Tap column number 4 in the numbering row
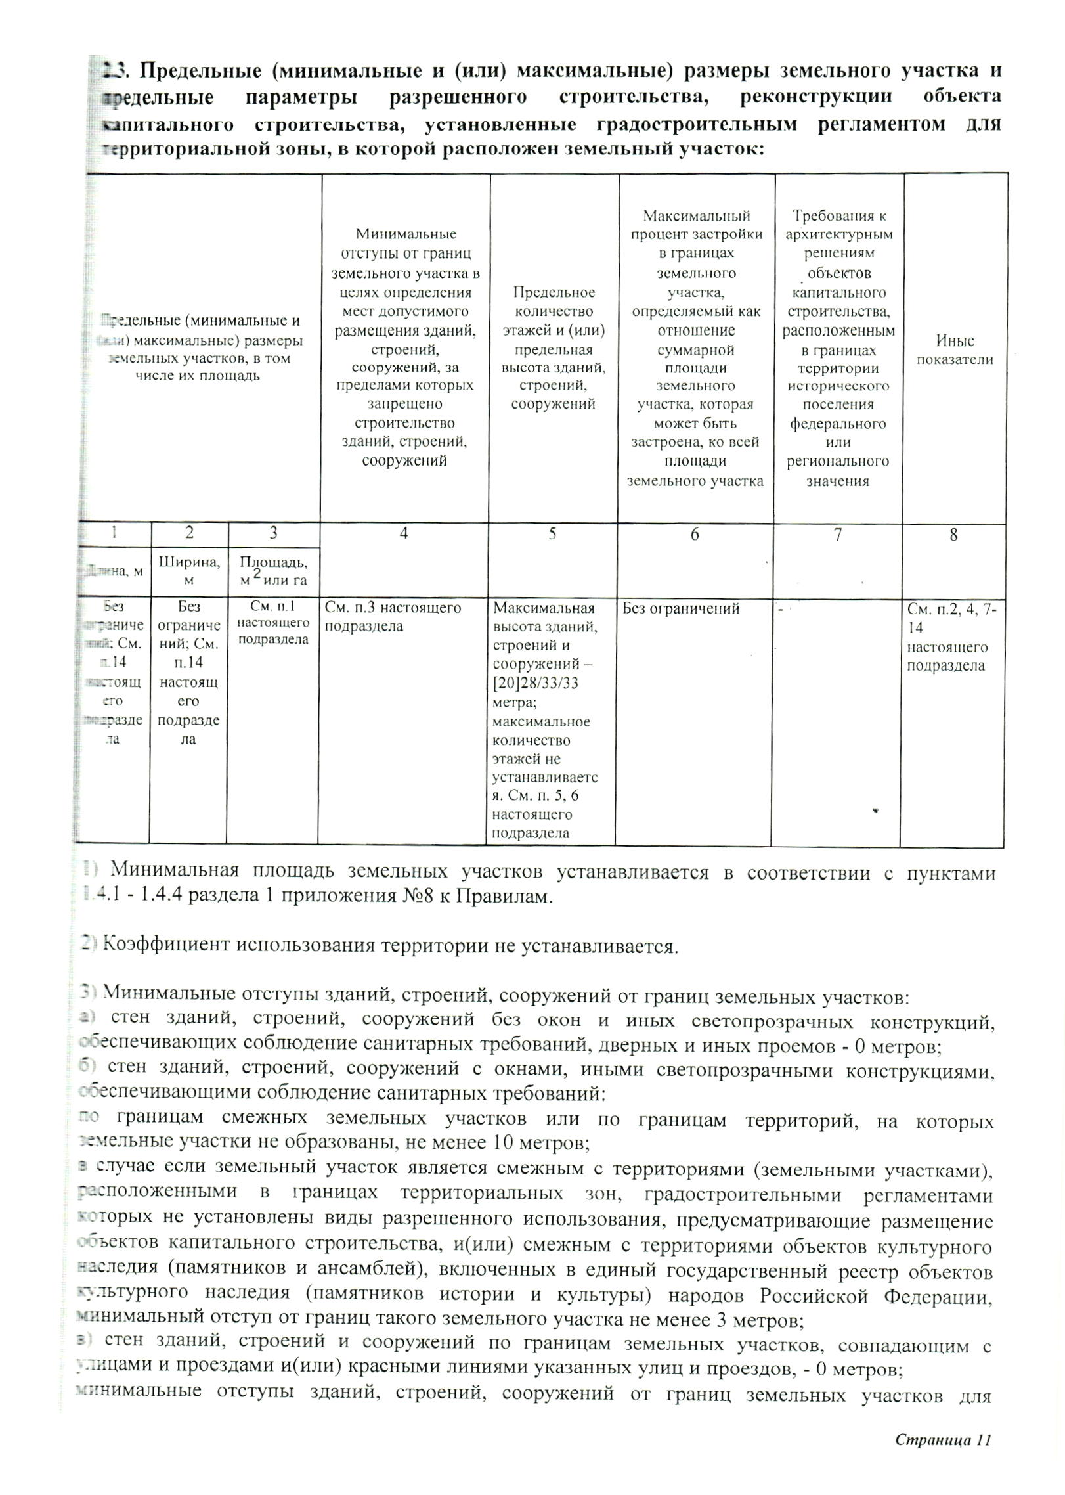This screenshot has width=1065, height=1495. pyautogui.click(x=404, y=534)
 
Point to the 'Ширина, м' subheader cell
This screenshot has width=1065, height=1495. pyautogui.click(x=189, y=570)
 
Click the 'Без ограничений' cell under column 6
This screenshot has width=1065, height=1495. pyautogui.click(x=681, y=609)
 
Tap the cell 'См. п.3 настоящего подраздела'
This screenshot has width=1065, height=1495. pyautogui.click(x=393, y=617)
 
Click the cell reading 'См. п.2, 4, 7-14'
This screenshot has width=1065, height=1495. pyautogui.click(x=951, y=618)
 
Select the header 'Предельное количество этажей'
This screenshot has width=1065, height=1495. pyautogui.click(x=553, y=348)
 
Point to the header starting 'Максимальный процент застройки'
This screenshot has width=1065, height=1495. pyautogui.click(x=695, y=348)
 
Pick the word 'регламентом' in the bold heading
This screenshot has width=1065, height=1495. pyautogui.click(x=881, y=124)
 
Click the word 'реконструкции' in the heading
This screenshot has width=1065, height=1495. pyautogui.click(x=815, y=97)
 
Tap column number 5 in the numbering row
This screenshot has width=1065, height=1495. pyautogui.click(x=552, y=534)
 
